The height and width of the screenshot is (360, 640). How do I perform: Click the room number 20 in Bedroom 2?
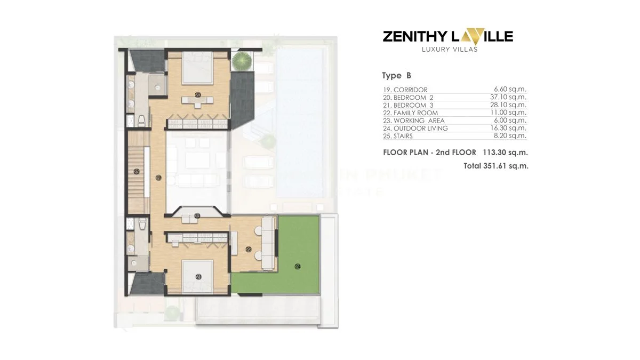pos(198,95)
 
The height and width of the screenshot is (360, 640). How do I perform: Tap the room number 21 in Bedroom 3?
pos(198,277)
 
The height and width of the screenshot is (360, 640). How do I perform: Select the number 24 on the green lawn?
pos(298,265)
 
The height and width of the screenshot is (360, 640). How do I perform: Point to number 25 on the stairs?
pos(137,172)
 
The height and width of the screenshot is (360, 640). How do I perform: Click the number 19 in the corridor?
pos(158,178)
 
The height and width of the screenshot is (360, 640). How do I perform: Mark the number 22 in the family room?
pos(249,249)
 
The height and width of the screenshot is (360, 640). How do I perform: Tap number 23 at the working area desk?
pos(197,216)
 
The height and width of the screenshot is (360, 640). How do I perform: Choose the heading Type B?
pos(396,76)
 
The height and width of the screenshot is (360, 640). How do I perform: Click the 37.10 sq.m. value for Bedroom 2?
pos(510,98)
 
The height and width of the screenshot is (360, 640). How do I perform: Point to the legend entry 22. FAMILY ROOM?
pos(410,113)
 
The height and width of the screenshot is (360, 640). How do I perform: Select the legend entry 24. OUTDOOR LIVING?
pos(415,129)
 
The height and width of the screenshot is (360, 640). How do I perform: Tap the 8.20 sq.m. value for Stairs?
pos(510,136)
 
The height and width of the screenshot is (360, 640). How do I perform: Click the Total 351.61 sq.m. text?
pos(496,166)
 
